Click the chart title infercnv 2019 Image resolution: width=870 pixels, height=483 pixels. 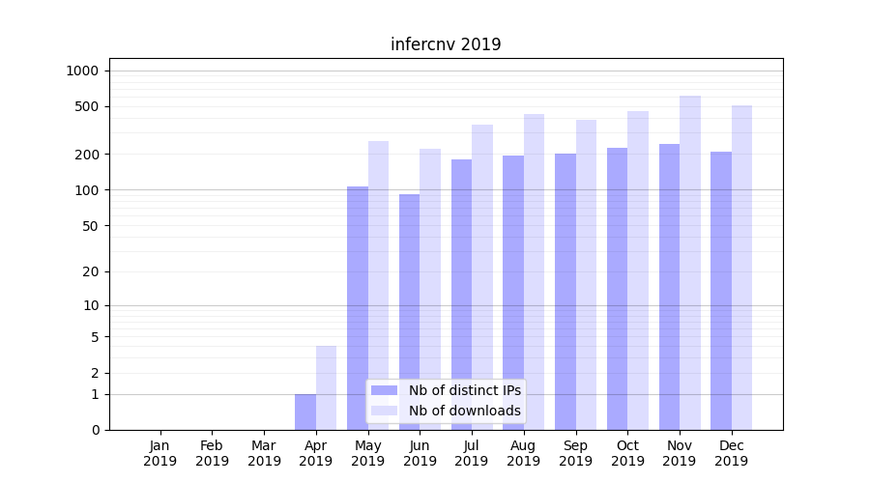[446, 44]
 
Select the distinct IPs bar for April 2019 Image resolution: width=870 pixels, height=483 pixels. [305, 412]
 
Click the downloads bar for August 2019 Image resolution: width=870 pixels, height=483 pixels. [535, 271]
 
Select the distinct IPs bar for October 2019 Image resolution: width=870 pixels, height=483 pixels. [618, 289]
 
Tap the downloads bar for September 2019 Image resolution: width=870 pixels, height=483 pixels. [586, 274]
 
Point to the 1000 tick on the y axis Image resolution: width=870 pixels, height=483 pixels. [83, 71]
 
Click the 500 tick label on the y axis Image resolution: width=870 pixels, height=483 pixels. [87, 106]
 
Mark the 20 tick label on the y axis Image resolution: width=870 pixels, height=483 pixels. [91, 271]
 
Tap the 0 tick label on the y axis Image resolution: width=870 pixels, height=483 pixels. [95, 430]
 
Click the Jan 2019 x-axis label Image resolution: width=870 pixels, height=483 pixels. [160, 453]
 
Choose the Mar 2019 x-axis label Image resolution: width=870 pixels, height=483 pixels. [264, 453]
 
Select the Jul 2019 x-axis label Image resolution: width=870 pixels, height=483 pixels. [472, 453]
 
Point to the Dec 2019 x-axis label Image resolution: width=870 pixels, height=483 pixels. [732, 453]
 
